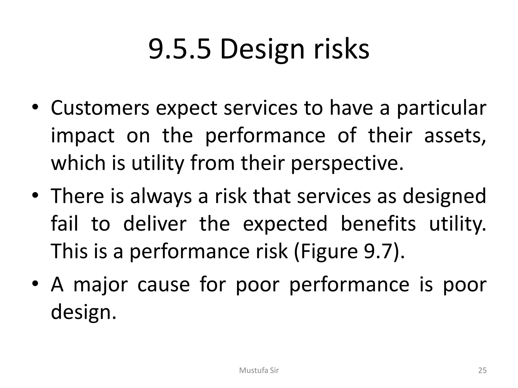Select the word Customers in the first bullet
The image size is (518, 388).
click(100, 108)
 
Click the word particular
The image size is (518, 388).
click(441, 108)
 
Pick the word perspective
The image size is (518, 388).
click(347, 163)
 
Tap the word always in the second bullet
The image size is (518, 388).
click(161, 196)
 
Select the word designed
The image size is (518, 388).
click(444, 196)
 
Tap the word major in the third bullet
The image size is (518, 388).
click(100, 285)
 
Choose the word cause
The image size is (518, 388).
click(164, 285)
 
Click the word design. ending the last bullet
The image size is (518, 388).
click(83, 312)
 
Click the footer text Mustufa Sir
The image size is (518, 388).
click(259, 371)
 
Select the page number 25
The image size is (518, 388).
click(482, 371)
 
